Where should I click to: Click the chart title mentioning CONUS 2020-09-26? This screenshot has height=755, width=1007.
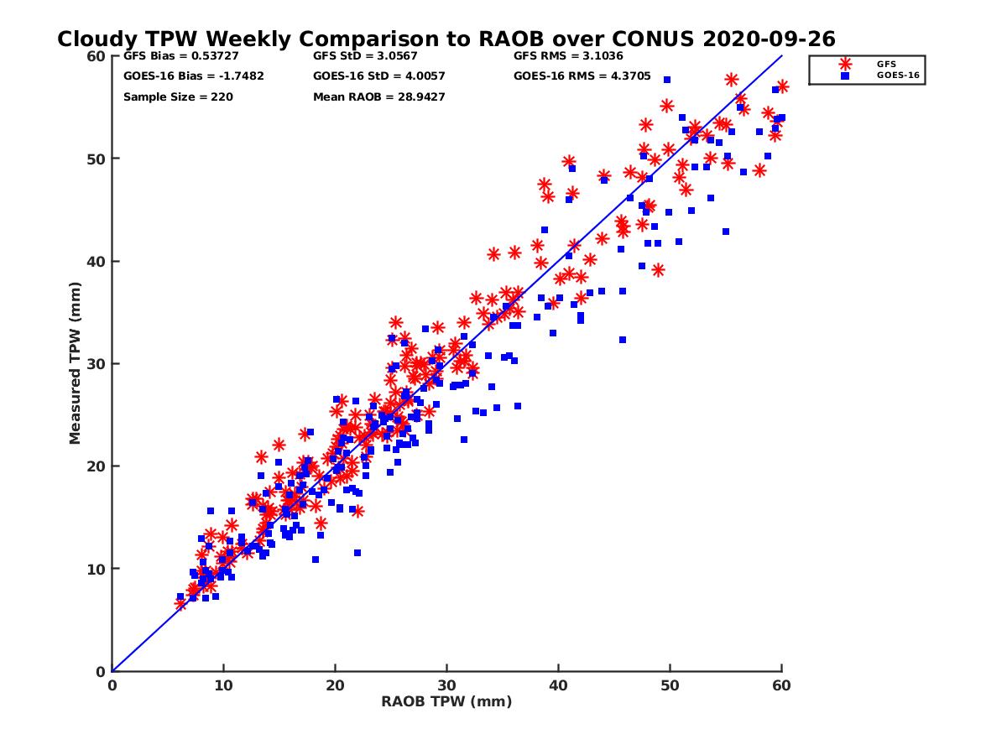(446, 39)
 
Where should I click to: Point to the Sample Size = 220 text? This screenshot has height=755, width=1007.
(178, 96)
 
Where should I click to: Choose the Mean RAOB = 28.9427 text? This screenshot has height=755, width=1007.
(378, 96)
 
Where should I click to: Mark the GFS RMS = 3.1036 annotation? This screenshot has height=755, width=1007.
(565, 56)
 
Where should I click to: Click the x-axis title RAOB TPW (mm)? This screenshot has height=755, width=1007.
(446, 701)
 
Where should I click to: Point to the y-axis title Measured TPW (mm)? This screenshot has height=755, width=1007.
(76, 363)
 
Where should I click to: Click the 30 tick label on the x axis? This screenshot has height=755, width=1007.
(446, 685)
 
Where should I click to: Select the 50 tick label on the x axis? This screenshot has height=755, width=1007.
(670, 685)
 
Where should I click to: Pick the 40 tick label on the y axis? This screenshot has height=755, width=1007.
(95, 261)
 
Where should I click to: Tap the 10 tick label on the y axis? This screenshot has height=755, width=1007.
(95, 569)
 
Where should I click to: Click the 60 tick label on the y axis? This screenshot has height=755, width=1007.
(95, 56)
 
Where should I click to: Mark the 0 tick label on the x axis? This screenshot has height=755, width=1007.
(112, 685)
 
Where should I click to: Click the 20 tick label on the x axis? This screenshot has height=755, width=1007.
(335, 685)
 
